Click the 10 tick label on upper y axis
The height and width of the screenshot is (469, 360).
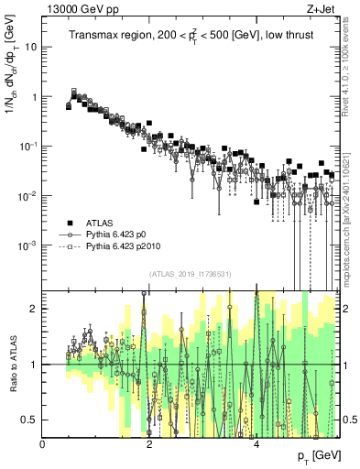31,47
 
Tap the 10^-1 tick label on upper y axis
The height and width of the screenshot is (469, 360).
27,146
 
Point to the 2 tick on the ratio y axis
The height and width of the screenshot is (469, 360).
35,309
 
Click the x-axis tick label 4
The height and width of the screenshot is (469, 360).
256,444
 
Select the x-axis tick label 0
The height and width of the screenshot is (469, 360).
43,444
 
